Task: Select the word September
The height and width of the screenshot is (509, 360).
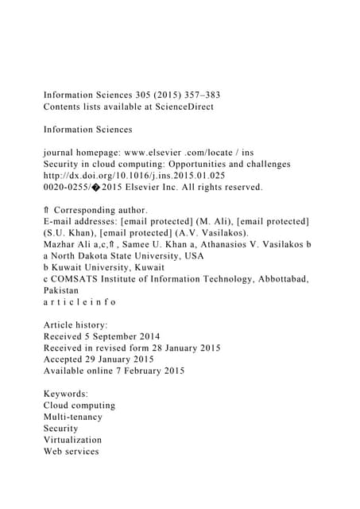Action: click(126, 336)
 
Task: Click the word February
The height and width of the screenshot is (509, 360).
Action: click(159, 371)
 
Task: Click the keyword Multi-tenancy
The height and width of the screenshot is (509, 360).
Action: click(73, 417)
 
